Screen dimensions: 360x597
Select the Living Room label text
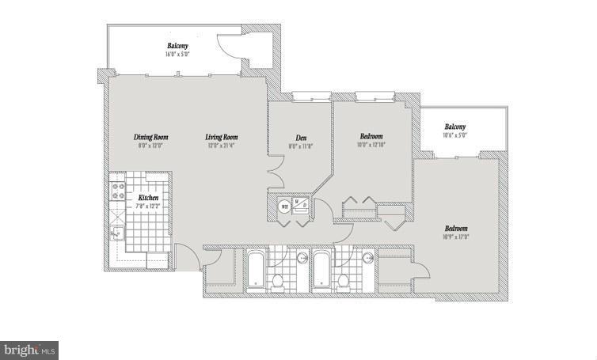click(221, 138)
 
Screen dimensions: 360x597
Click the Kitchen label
click(148, 197)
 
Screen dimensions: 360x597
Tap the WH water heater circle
click(283, 207)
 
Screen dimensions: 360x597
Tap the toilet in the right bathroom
click(344, 280)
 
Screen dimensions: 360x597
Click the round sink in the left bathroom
click(302, 257)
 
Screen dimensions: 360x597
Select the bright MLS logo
click(29, 349)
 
